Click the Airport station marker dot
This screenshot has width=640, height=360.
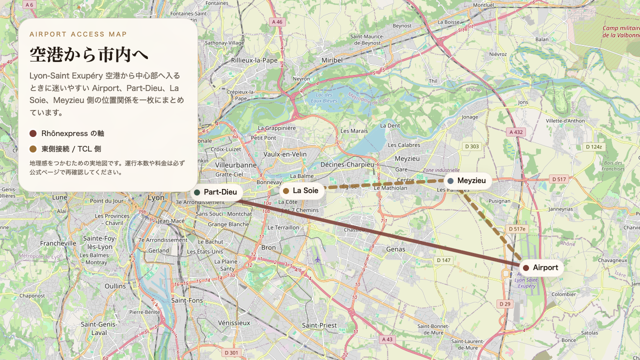[526, 268]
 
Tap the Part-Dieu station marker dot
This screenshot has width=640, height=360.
[197, 192]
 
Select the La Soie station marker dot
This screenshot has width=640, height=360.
[286, 191]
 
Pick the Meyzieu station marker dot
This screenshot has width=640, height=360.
[450, 181]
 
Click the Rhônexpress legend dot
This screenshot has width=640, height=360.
[33, 133]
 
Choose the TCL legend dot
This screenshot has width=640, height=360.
[33, 149]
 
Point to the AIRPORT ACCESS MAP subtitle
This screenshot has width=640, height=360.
[78, 34]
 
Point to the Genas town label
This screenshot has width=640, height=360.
[396, 248]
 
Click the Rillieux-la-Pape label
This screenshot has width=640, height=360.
[254, 60]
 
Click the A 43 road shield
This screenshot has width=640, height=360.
[387, 339]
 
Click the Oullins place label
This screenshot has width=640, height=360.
[115, 286]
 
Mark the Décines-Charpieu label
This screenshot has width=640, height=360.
[347, 164]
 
